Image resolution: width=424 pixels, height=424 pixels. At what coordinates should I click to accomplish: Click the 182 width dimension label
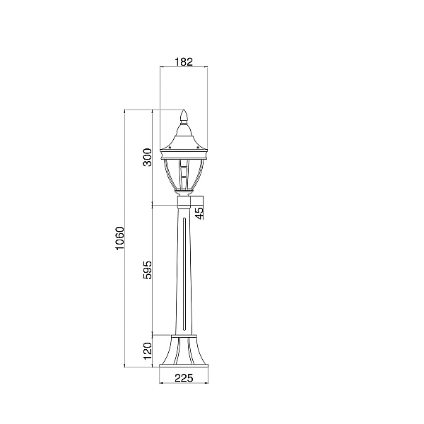184,62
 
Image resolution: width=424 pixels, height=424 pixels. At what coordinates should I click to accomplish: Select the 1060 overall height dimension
119,238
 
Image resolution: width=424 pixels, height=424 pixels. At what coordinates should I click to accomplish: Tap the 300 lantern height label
148,157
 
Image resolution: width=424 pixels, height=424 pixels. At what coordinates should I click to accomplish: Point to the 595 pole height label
148,270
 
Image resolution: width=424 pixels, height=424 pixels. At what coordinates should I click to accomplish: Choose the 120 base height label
148,351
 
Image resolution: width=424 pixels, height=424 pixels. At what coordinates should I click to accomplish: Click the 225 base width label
184,378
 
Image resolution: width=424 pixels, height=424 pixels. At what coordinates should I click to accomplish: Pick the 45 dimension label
199,213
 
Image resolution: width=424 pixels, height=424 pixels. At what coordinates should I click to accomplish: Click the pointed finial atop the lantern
184,115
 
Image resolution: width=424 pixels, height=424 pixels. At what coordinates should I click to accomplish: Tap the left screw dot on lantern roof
170,148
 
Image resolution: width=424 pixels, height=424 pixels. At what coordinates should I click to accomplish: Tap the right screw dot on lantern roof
198,148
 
